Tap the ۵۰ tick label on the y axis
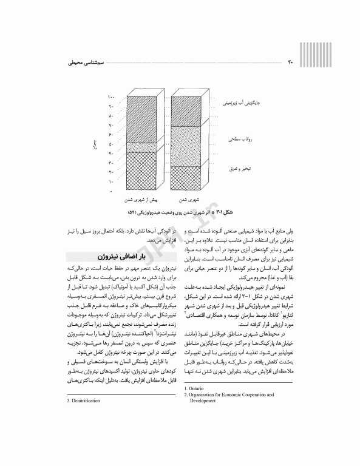(x=111, y=144)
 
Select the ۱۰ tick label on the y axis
(x=111, y=181)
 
